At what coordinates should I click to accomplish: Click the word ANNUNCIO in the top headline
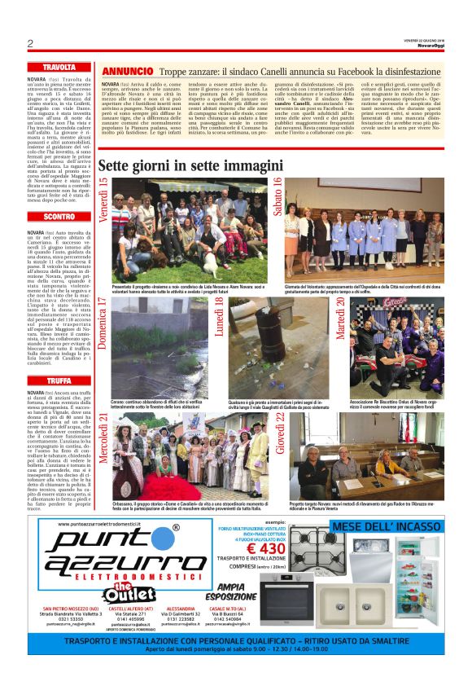point(126,72)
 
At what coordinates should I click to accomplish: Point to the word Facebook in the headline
point(334,73)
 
